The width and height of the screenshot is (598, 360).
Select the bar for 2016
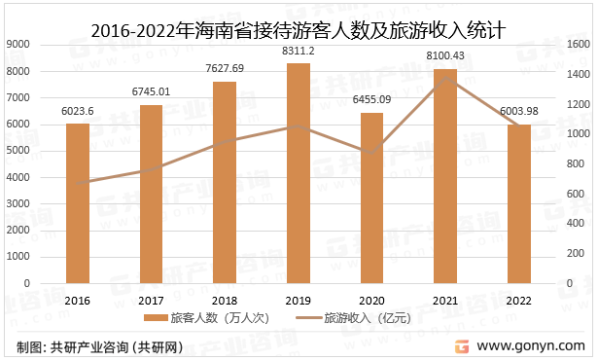click(77, 203)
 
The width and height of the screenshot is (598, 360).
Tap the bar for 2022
click(518, 203)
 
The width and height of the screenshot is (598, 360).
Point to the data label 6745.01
click(151, 91)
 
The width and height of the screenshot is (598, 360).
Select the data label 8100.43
click(444, 55)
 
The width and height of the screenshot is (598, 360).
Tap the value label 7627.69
click(224, 68)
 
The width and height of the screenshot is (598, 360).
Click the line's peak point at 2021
click(444, 77)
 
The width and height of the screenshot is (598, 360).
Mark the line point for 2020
click(371, 152)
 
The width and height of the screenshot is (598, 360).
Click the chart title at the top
click(298, 17)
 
